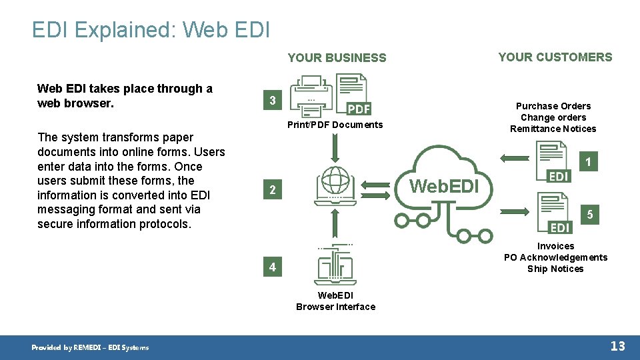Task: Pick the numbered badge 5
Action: click(x=589, y=215)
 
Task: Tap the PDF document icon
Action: click(x=353, y=94)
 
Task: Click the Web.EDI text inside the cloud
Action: click(x=445, y=186)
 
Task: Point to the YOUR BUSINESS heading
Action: click(x=337, y=58)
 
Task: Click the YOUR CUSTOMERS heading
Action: click(x=555, y=57)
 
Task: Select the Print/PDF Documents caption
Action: click(x=335, y=125)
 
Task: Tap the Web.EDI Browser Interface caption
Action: click(x=335, y=301)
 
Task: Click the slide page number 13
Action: click(x=618, y=345)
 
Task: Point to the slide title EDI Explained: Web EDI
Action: click(x=151, y=30)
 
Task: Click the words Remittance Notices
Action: click(x=553, y=129)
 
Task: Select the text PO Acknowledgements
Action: click(x=555, y=257)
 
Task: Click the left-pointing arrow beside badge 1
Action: click(x=513, y=158)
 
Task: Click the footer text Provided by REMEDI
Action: click(x=91, y=347)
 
